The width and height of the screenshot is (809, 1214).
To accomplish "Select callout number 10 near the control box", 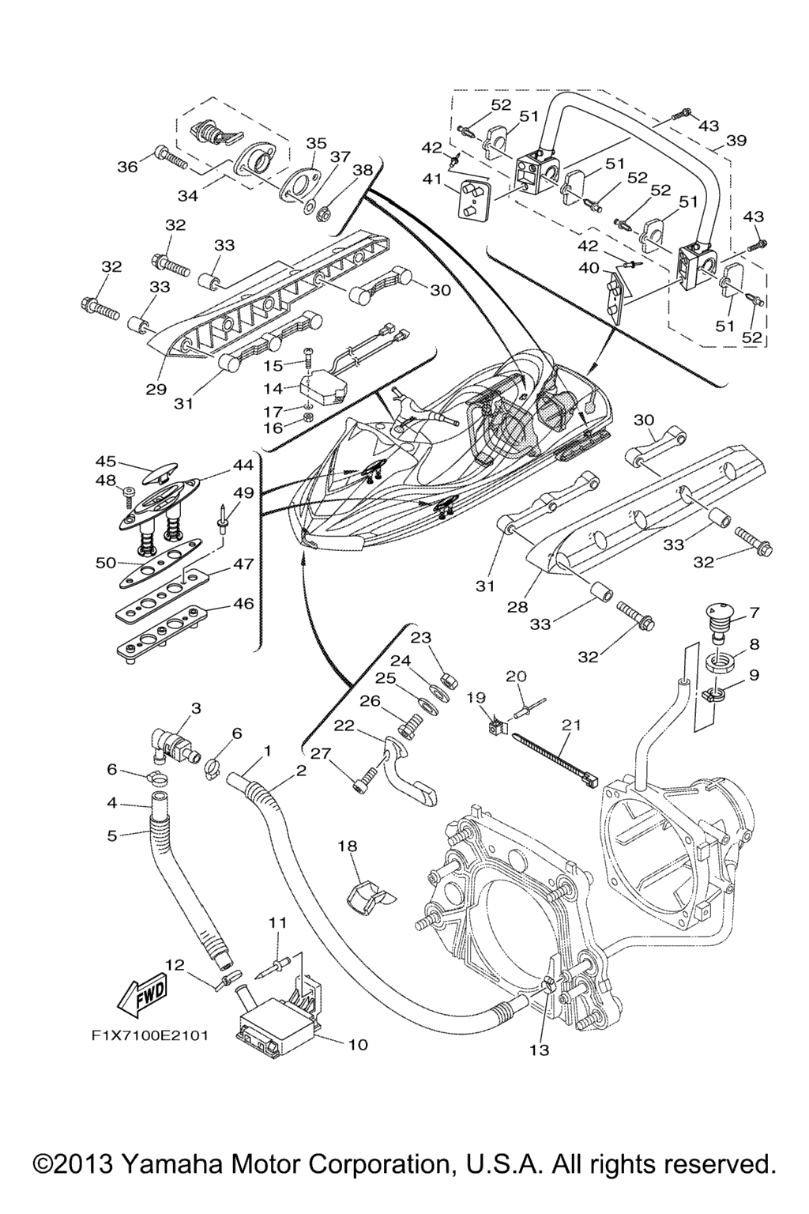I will pos(358,1044).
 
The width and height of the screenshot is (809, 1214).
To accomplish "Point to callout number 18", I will pos(348,846).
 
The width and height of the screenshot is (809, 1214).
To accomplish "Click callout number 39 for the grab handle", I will pos(736,141).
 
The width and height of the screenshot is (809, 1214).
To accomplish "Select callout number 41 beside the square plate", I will pos(432,179).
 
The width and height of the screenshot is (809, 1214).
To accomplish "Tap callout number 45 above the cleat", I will pos(106,462).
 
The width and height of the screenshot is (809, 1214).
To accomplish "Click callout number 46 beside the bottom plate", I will pos(243,603).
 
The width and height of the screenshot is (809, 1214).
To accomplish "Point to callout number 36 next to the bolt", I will pos(127,166).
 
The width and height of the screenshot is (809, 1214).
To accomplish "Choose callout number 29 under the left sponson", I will pos(156,390).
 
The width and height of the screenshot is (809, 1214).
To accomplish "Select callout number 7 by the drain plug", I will pos(754,612).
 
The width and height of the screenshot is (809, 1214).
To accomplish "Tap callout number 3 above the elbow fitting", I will pos(196,708).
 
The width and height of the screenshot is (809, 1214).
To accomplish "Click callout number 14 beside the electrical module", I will pos(273,388).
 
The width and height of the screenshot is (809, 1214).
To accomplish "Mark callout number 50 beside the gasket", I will pos(105,563).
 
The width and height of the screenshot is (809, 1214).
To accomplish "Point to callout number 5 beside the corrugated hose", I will pos(111,835).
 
